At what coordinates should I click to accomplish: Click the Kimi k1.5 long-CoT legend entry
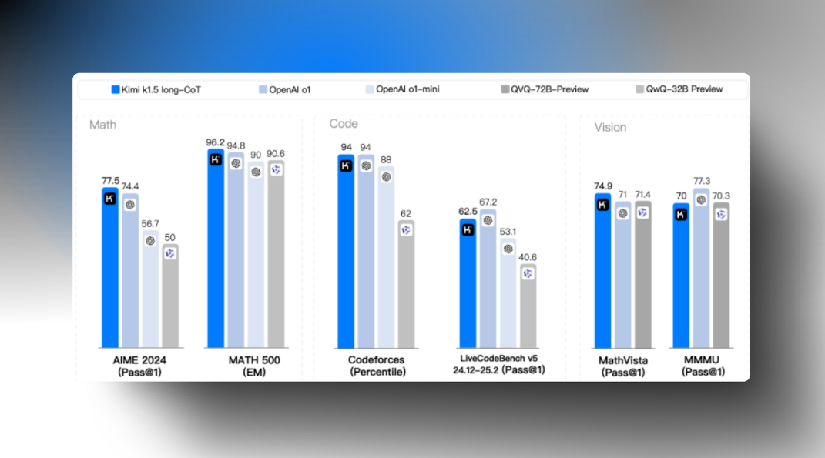click(156, 89)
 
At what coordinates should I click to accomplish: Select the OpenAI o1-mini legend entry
click(402, 89)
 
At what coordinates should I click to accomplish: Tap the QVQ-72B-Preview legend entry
click(544, 89)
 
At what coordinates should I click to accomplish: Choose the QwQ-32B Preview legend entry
click(679, 89)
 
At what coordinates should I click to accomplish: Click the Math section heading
click(102, 124)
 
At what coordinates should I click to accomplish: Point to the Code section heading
click(344, 123)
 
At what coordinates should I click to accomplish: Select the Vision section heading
click(610, 127)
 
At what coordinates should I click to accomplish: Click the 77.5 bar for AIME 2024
click(110, 269)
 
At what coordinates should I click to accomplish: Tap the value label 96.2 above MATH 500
click(216, 142)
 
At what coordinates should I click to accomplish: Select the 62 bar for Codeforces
click(406, 285)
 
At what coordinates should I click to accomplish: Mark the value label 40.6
click(528, 258)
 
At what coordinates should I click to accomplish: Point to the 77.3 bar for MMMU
click(701, 269)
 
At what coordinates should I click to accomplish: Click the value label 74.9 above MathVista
click(603, 186)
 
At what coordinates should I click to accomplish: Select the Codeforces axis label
click(376, 359)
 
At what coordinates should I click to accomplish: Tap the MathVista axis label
click(623, 360)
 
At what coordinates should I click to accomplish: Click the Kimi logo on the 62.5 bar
click(467, 229)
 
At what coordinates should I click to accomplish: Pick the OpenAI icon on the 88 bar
click(386, 176)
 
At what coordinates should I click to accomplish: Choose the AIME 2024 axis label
click(139, 359)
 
